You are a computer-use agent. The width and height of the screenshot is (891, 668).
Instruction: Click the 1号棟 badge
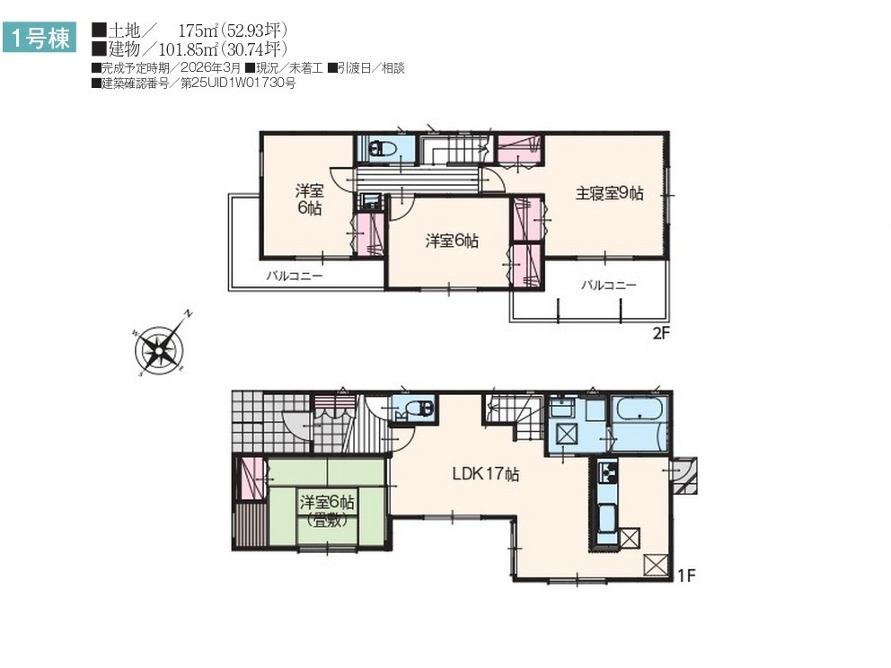click(x=40, y=38)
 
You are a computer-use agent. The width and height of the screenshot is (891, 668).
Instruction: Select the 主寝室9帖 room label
click(x=609, y=194)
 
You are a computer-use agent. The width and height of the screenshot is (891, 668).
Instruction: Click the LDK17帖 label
click(x=486, y=474)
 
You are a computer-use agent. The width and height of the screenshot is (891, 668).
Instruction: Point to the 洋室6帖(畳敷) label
click(x=327, y=510)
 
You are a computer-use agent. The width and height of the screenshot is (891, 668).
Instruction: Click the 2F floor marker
click(x=661, y=333)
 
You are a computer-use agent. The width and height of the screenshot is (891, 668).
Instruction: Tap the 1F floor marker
click(x=686, y=576)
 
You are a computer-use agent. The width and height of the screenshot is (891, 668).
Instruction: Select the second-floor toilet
click(x=383, y=149)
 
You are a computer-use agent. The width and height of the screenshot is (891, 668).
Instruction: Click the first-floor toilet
click(x=420, y=408)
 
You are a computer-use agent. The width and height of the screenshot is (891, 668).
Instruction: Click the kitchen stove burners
click(x=608, y=473)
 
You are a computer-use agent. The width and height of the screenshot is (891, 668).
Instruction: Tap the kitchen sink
click(x=607, y=517)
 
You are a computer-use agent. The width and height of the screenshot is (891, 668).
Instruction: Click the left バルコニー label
click(x=295, y=277)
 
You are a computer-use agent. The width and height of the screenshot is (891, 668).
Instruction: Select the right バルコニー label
click(x=609, y=286)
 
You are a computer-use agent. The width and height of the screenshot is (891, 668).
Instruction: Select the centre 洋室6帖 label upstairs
click(x=452, y=241)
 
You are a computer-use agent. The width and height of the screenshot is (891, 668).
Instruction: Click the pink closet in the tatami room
click(x=251, y=479)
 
